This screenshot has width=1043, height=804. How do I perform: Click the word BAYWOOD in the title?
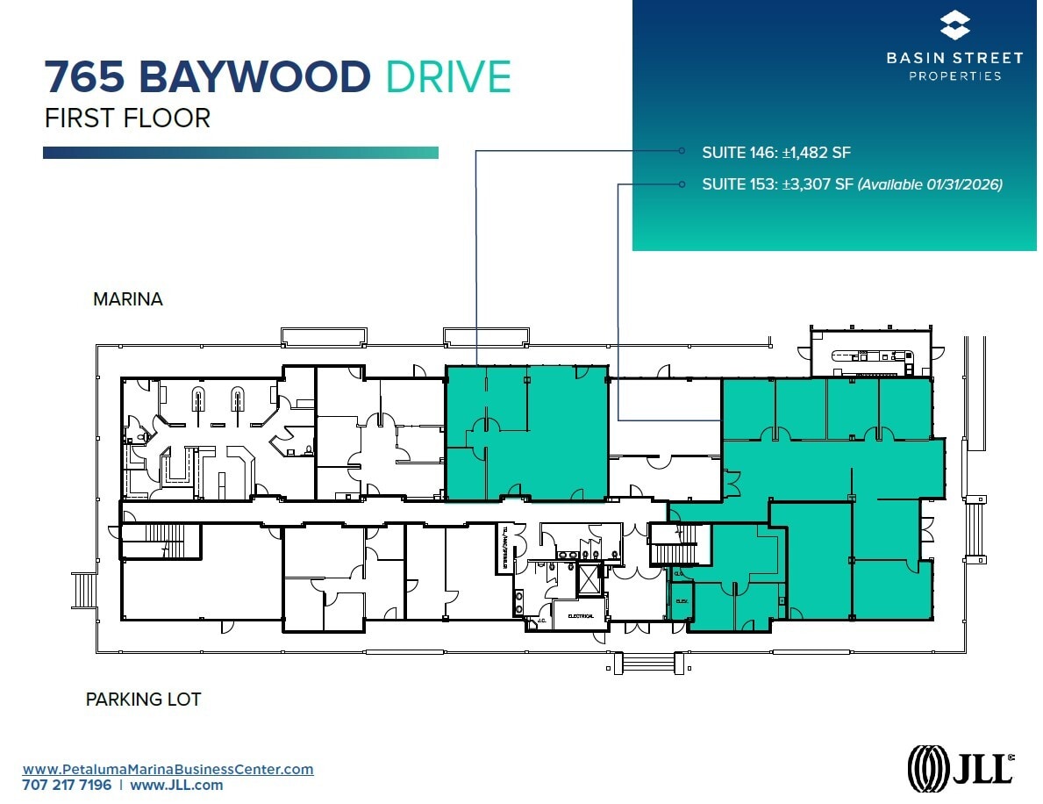pyautogui.click(x=254, y=77)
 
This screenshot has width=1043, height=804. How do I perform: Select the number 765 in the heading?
pyautogui.click(x=86, y=77)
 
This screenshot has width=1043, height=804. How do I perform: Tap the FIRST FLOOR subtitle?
pyautogui.click(x=127, y=118)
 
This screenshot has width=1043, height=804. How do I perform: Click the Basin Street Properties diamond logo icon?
pyautogui.click(x=954, y=25)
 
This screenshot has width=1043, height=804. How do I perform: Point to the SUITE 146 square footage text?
pyautogui.click(x=776, y=152)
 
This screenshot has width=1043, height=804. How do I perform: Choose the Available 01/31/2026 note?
pyautogui.click(x=930, y=184)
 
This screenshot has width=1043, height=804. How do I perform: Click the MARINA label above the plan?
pyautogui.click(x=127, y=299)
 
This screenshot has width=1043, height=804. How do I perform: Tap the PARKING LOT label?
pyautogui.click(x=143, y=700)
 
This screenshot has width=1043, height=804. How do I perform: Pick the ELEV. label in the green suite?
pyautogui.click(x=682, y=601)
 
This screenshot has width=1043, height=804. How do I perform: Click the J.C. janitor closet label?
pyautogui.click(x=541, y=621)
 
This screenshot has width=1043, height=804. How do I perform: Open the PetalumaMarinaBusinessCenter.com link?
pyautogui.click(x=168, y=769)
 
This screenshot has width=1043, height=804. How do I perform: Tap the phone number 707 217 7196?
pyautogui.click(x=67, y=785)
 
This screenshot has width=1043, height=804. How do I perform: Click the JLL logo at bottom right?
pyautogui.click(x=961, y=765)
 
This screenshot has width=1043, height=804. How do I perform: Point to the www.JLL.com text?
pyautogui.click(x=176, y=785)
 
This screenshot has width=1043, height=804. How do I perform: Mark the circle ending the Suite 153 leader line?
pyautogui.click(x=682, y=184)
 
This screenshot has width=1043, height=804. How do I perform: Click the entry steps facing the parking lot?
pyautogui.click(x=647, y=664)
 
